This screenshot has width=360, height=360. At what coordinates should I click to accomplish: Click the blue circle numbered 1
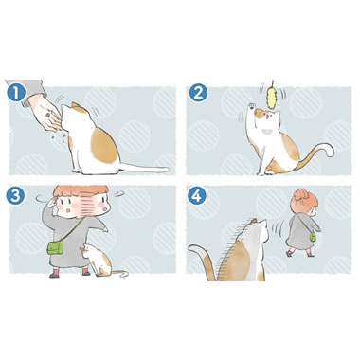pyautogui.click(x=16, y=93)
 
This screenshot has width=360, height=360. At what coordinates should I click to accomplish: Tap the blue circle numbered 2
pyautogui.click(x=198, y=93)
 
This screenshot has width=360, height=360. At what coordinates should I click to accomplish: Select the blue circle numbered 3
pyautogui.click(x=15, y=196)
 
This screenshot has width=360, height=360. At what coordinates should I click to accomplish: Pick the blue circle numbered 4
pyautogui.click(x=197, y=196)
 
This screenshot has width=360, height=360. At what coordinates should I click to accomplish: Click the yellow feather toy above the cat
pyautogui.click(x=272, y=97)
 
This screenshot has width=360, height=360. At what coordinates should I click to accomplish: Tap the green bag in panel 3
pyautogui.click(x=55, y=247)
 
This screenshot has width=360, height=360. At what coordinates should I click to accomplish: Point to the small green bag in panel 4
pyautogui.click(x=313, y=237)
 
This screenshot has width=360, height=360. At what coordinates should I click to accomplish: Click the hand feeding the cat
pyautogui.click(x=45, y=115)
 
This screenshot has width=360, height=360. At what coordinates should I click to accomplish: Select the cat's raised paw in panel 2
pyautogui.click(x=251, y=106)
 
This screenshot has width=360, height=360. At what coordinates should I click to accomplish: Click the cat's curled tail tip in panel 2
pyautogui.click(x=329, y=150)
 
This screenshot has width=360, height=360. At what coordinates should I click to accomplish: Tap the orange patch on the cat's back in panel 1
pyautogui.click(x=104, y=146)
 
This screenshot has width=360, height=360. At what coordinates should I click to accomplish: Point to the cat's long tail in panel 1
pyautogui.click(x=144, y=168)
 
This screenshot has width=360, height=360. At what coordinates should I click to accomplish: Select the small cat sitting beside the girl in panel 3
pyautogui.click(x=99, y=260)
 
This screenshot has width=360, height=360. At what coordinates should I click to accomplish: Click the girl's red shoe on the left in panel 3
pyautogui.click(x=54, y=274)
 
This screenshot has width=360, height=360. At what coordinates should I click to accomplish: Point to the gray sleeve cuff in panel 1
pyautogui.click(x=34, y=94)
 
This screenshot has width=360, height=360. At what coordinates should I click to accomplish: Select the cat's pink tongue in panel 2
pyautogui.click(x=267, y=117)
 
